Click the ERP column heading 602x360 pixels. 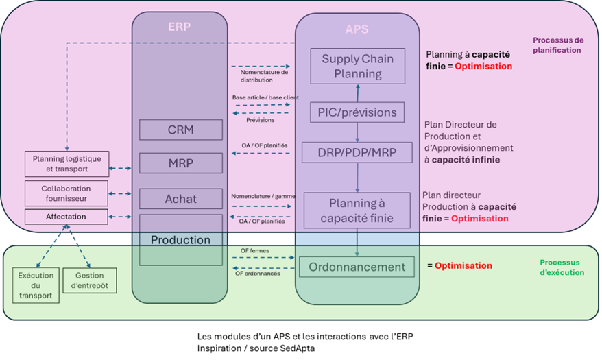click(x=179, y=27)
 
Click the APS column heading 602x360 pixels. click(x=357, y=29)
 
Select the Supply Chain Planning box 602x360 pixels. click(x=357, y=67)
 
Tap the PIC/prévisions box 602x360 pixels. click(x=357, y=112)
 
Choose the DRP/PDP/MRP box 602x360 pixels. click(x=357, y=152)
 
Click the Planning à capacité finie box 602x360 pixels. click(x=357, y=211)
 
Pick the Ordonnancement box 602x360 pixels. click(x=357, y=267)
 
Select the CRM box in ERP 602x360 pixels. click(x=180, y=130)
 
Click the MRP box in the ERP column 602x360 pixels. click(x=180, y=163)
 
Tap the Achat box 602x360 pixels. click(x=180, y=199)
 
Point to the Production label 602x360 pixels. click(x=180, y=240)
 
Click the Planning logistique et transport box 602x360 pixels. click(x=67, y=163)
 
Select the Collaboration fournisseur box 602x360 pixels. click(x=66, y=193)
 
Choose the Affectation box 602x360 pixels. click(x=66, y=217)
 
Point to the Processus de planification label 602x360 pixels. click(x=557, y=45)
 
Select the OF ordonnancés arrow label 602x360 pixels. click(x=258, y=274)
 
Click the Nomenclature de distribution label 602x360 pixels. click(x=264, y=75)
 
